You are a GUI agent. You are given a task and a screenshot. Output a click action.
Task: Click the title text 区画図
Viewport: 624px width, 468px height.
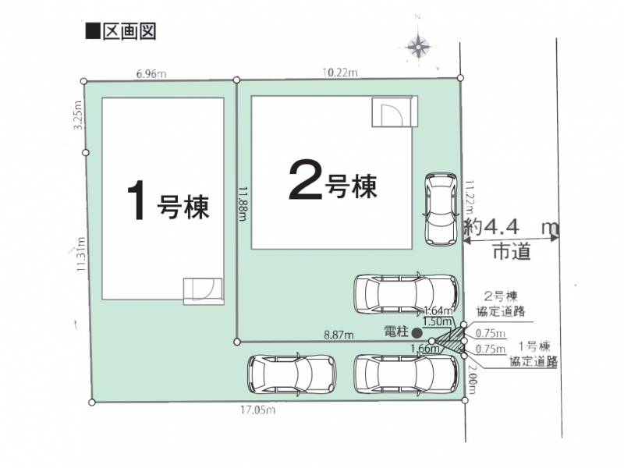click(x=129, y=31)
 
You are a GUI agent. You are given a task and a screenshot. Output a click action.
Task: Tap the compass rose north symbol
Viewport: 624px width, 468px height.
click(x=418, y=46)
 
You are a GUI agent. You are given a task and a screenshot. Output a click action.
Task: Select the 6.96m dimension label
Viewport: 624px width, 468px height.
click(x=151, y=74)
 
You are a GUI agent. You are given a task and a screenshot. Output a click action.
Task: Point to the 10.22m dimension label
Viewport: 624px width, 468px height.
click(x=340, y=73)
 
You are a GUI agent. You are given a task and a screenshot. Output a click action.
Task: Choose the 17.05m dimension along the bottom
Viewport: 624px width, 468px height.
click(x=258, y=410)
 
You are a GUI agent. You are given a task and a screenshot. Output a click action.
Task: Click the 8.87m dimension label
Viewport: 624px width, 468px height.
click(x=339, y=335)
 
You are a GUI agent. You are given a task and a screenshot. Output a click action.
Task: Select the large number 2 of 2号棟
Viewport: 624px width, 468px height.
click(x=305, y=179)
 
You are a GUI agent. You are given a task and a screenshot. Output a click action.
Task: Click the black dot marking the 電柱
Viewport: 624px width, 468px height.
click(x=417, y=332)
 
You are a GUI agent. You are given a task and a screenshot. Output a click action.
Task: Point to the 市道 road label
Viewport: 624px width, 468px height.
click(x=512, y=251)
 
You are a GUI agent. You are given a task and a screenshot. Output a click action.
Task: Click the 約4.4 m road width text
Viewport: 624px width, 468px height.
click(x=512, y=228)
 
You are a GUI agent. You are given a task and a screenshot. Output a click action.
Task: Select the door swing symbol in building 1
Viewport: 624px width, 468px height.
click(x=204, y=291)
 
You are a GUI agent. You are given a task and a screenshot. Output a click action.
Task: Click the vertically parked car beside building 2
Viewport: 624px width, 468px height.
click(x=441, y=209)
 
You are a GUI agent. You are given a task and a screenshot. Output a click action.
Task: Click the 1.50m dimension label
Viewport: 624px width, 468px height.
click(x=438, y=321)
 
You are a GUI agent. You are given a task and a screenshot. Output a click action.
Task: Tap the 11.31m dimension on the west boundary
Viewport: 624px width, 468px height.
click(x=81, y=254)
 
